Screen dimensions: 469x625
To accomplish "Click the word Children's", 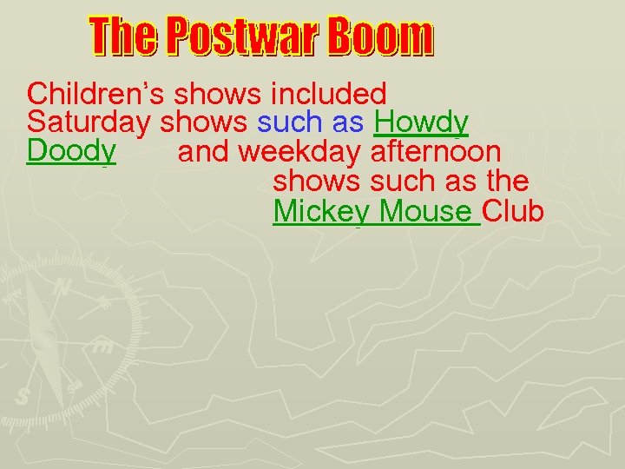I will coord(96,93).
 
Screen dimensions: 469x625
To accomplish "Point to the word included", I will coord(328,93).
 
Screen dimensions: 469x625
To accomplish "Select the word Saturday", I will coord(89,122).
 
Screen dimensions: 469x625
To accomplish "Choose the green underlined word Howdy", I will coord(422,122).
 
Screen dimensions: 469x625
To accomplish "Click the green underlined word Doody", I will coord(71,151).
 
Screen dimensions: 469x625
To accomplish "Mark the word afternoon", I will coord(435,152).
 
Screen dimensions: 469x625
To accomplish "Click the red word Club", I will coord(513,211).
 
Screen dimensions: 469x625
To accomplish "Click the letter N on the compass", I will coord(62,287).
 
